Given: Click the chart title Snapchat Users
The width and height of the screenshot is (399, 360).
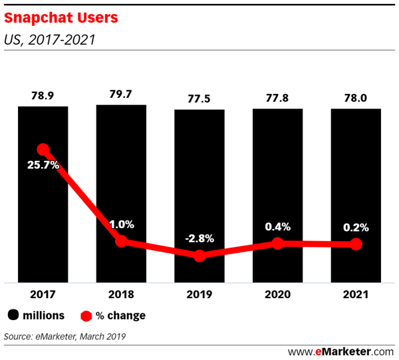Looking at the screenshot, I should click(x=61, y=18).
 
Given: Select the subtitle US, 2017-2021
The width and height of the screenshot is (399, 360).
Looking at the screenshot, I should click(x=50, y=39).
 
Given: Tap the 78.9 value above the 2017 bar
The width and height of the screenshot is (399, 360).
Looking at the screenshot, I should click(x=43, y=95).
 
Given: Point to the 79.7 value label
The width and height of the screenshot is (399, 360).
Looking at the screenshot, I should click(x=121, y=93).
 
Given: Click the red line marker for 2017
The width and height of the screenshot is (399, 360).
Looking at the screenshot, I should click(x=43, y=150).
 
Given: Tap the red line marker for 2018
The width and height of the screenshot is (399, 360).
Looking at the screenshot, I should click(x=121, y=241).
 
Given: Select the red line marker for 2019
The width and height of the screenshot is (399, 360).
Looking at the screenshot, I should click(x=199, y=256).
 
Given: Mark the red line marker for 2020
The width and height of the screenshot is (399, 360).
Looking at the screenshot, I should click(x=277, y=244).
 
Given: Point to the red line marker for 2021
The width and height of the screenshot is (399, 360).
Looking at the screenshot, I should click(x=356, y=244).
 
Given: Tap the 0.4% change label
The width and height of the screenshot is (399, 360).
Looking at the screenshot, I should click(x=277, y=227).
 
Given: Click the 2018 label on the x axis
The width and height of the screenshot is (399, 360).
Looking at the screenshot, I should click(x=121, y=293).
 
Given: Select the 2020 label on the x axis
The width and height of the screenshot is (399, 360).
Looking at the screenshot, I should click(x=277, y=293).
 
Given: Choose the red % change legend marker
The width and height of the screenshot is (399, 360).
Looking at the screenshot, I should click(x=86, y=315).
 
